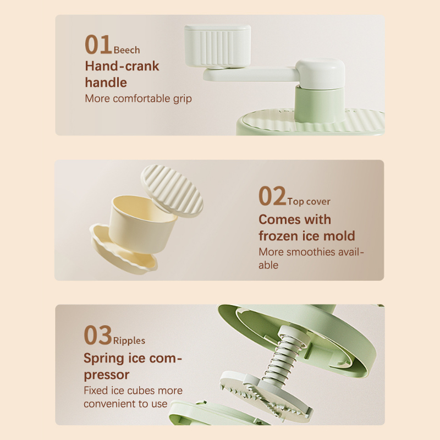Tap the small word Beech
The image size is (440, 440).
pos(127,50)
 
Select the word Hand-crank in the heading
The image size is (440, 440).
pos(122,66)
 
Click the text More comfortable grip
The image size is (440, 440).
pos(139,99)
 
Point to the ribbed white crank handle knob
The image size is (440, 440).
pos(218,46)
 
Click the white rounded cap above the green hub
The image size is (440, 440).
pos(320,74)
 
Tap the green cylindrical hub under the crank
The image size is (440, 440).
pos(320,104)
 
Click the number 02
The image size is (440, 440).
pos(272,196)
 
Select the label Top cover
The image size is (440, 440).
pos(309,201)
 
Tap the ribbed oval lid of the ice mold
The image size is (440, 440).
pos(172,191)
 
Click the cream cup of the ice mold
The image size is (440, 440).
pos(142,222)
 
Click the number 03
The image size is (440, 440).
pos(98,335)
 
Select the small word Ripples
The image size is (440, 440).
pos(129,340)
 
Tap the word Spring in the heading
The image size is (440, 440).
pos(104,359)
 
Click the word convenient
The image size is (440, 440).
pos(111,404)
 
